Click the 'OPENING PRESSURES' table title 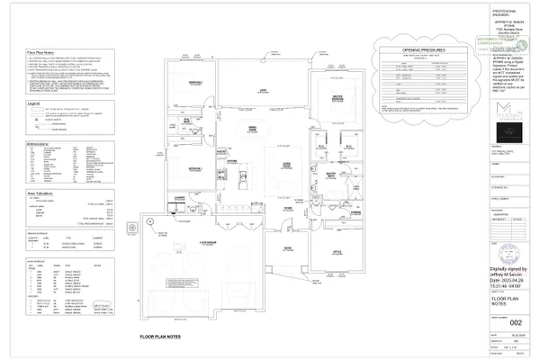click(x=412, y=52)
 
